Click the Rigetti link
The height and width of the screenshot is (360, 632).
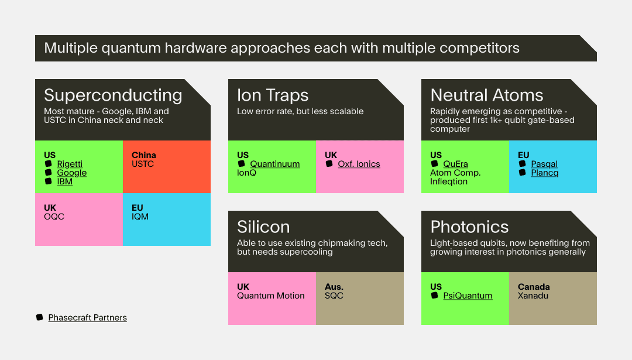tap(70, 164)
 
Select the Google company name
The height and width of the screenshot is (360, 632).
tap(72, 173)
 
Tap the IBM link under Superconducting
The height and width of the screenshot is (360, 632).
tap(64, 181)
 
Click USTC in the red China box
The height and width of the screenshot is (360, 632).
tap(143, 164)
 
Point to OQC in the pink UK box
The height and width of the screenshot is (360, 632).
tap(54, 217)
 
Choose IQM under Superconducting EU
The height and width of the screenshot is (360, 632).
tap(140, 217)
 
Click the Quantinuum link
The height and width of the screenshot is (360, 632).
tap(275, 164)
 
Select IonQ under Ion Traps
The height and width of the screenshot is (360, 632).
tap(247, 173)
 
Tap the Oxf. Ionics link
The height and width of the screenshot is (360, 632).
tap(359, 164)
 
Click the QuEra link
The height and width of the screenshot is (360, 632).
tap(455, 164)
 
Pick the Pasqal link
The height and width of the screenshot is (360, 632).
tap(544, 164)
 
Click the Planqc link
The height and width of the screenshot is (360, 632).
tap(545, 173)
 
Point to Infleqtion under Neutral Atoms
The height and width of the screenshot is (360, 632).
tap(449, 181)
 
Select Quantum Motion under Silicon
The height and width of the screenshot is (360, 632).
tap(271, 296)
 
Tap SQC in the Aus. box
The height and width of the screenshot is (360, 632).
tap(334, 296)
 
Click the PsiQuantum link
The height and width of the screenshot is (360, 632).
tap(468, 296)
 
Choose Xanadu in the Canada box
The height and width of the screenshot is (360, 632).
tap(533, 296)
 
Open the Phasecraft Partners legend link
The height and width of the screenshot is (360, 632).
tap(87, 318)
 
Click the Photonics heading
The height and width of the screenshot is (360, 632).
tap(469, 227)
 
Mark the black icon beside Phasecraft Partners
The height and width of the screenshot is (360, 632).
tap(40, 317)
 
